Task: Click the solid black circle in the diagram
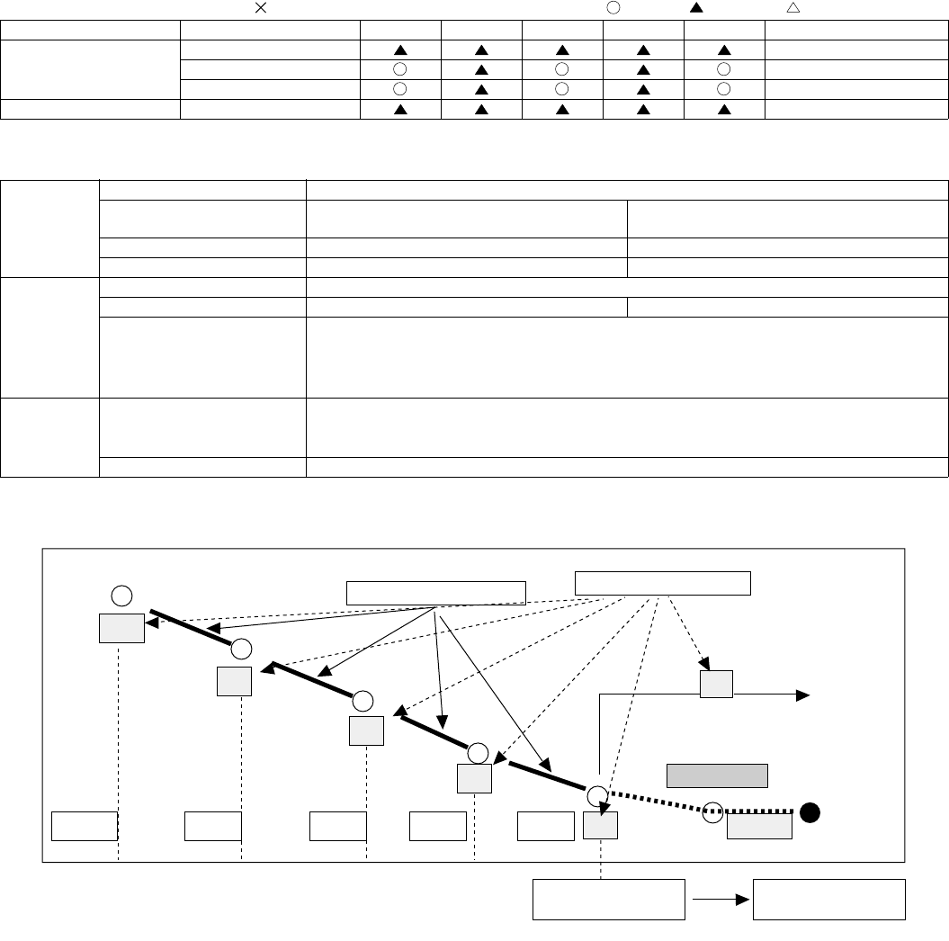coord(810,813)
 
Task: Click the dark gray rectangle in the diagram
coord(717,775)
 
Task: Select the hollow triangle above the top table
coord(792,7)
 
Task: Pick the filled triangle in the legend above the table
coord(695,7)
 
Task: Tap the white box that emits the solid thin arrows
coord(436,593)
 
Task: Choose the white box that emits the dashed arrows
coord(662,582)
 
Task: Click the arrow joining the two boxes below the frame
coord(719,899)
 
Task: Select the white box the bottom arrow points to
coord(828,899)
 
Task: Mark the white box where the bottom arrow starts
coord(609,899)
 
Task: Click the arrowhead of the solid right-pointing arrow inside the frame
coord(805,695)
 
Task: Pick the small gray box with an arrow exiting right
coord(716,684)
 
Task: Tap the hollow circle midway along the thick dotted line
coord(712,812)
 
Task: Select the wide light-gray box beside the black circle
coord(759,826)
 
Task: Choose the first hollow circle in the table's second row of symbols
coord(400,69)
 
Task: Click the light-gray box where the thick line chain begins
coord(121,629)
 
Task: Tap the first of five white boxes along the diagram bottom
coord(85,825)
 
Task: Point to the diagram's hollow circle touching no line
coord(123,595)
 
